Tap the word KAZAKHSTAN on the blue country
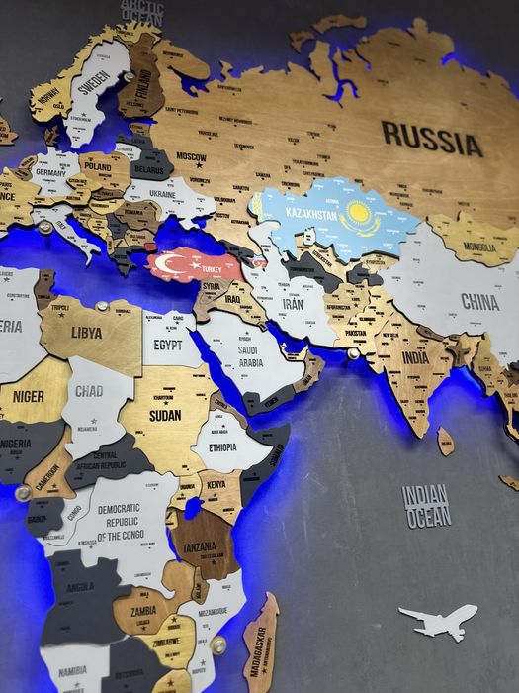point(313,212)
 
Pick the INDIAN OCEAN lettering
point(426,506)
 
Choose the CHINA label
point(480,301)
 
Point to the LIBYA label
point(86,333)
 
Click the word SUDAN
point(165,416)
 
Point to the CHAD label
point(89,392)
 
